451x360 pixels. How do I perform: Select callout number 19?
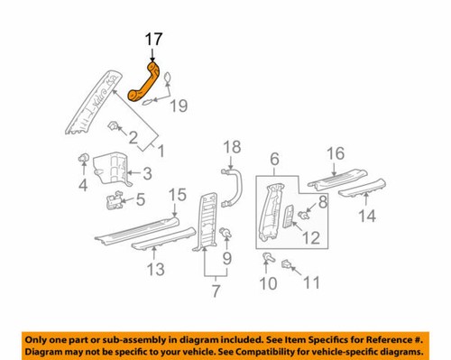coord(179,106)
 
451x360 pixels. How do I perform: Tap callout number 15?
coord(178,194)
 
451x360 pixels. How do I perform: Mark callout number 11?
coord(312,282)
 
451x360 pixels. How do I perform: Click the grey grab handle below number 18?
coord(231,189)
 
